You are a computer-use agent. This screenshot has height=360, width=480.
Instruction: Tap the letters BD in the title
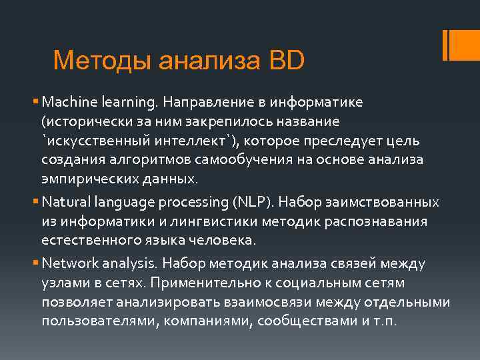point(287,61)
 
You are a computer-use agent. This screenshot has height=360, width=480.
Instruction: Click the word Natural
point(63,201)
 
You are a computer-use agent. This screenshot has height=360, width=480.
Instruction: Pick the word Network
point(66,263)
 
